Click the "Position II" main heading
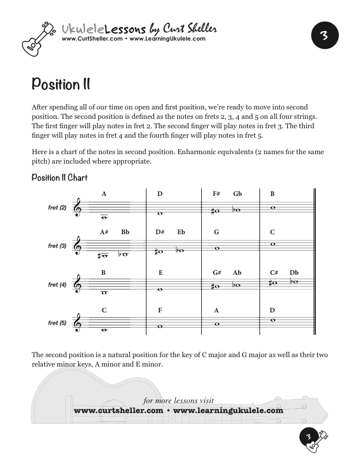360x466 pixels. (61, 84)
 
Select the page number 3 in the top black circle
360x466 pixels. (324, 36)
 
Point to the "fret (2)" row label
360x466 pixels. (57, 208)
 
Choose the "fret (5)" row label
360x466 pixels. (57, 323)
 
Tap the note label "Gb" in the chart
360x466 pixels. (237, 194)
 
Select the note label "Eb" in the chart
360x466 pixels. (181, 232)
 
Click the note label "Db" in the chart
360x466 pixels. (294, 272)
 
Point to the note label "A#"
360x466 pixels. (104, 232)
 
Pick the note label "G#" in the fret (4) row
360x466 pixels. (216, 272)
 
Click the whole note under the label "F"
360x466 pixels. (160, 327)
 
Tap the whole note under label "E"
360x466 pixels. (161, 289)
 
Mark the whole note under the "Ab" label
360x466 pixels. (236, 285)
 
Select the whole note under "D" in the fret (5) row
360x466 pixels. (272, 320)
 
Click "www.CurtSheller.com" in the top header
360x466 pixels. (92, 39)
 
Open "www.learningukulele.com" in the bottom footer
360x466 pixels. (228, 411)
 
